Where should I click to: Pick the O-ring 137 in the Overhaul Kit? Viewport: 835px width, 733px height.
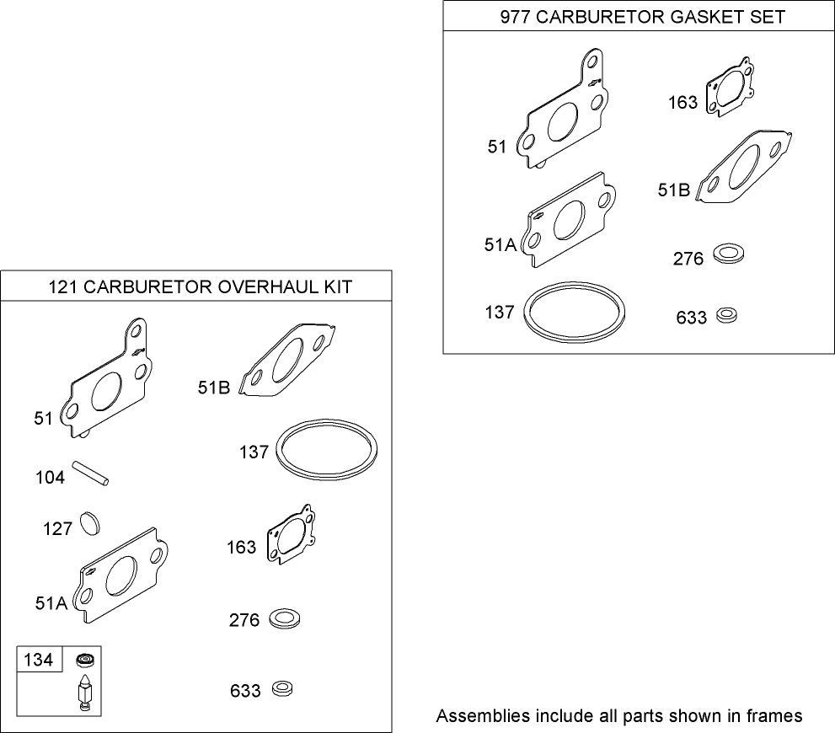327,452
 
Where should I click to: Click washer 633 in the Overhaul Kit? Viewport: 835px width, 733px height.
284,689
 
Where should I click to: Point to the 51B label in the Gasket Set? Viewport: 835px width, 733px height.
673,191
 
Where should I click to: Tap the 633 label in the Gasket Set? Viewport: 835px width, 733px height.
691,318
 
